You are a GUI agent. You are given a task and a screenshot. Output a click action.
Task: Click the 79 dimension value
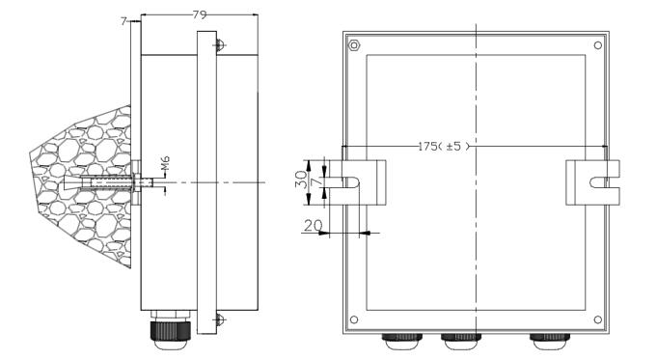tap(200, 15)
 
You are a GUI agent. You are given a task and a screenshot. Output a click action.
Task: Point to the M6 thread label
tap(166, 163)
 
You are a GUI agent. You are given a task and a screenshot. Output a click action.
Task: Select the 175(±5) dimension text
tap(444, 147)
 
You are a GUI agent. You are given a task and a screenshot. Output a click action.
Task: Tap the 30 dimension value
tap(302, 179)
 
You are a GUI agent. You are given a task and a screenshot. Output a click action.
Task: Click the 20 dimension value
tap(314, 226)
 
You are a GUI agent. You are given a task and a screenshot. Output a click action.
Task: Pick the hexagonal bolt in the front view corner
tap(354, 44)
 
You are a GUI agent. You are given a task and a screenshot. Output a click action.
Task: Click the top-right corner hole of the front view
tap(598, 45)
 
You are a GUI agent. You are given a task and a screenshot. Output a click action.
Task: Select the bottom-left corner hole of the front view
tap(354, 319)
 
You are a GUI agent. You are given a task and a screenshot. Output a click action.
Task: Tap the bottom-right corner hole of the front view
tap(598, 319)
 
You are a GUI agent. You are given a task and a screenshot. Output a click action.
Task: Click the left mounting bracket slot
tap(351, 182)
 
